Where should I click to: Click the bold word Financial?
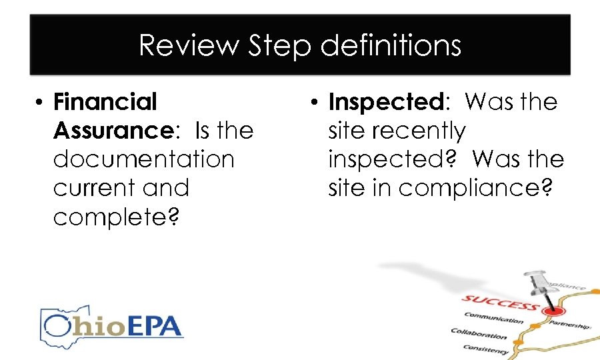[105, 102]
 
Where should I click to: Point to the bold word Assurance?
[113, 131]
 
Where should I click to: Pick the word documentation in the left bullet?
[143, 159]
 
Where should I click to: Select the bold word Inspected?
[386, 102]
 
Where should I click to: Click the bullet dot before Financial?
[40, 103]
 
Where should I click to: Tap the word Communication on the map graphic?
[495, 318]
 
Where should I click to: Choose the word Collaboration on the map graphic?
[479, 333]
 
